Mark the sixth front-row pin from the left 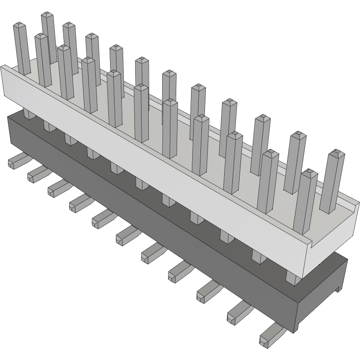point(141,112)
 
